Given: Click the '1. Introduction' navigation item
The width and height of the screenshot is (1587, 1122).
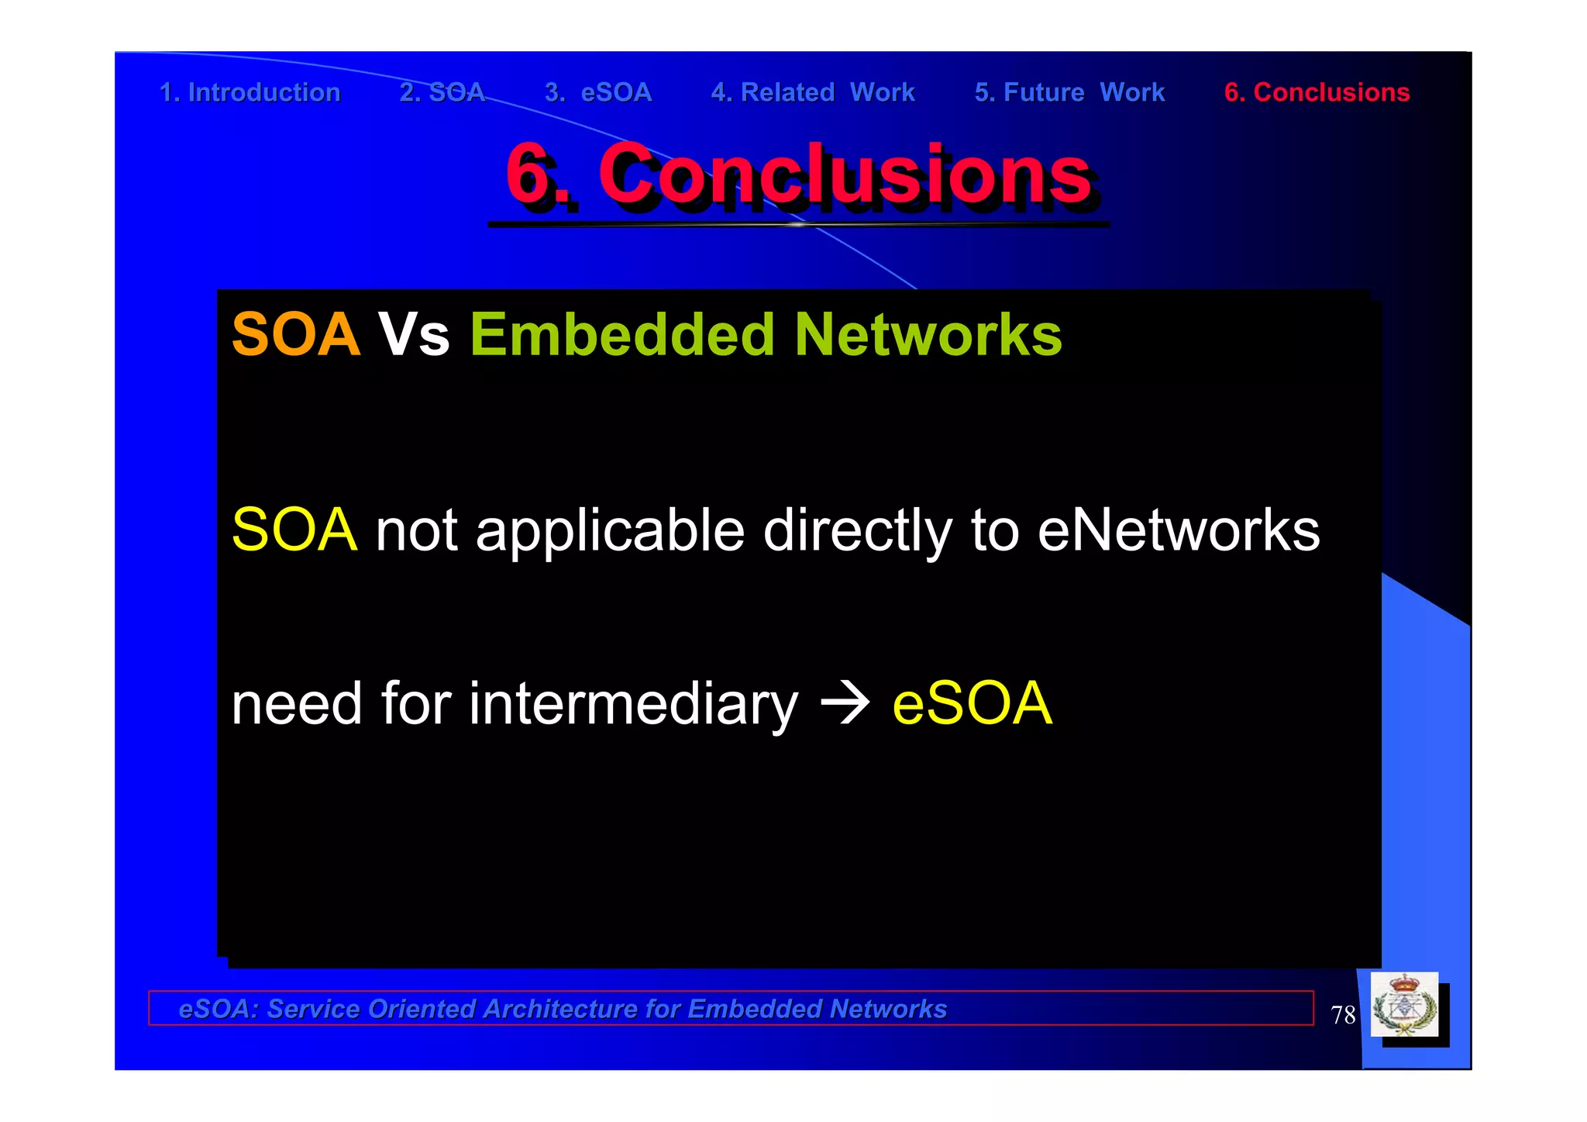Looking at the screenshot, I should (250, 92).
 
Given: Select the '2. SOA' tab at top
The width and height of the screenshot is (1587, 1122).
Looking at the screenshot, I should (442, 92).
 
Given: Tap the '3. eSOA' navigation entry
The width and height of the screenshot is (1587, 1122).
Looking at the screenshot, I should (598, 92).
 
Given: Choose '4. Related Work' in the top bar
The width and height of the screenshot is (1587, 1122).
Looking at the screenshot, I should (813, 92).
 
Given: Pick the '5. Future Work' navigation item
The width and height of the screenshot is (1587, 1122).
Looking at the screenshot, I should (1069, 92).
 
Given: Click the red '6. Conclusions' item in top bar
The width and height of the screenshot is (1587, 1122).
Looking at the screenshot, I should (1317, 92).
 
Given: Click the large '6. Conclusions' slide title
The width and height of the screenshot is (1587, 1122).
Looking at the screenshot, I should (798, 174).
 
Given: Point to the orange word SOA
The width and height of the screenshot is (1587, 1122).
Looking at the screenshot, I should (296, 335).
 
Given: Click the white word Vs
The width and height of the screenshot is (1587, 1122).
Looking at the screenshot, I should (414, 335).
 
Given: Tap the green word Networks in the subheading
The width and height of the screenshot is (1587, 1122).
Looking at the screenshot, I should (928, 335).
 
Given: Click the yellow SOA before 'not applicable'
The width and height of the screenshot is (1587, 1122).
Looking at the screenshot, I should (294, 530).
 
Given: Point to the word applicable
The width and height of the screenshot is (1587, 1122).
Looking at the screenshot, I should (610, 532).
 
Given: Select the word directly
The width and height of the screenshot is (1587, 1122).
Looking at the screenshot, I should (857, 532).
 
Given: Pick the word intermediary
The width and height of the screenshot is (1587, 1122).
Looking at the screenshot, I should (632, 704).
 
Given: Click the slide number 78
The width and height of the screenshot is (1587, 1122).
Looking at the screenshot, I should (1342, 1015).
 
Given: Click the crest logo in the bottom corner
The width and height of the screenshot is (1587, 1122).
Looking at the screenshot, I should (1404, 1006).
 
